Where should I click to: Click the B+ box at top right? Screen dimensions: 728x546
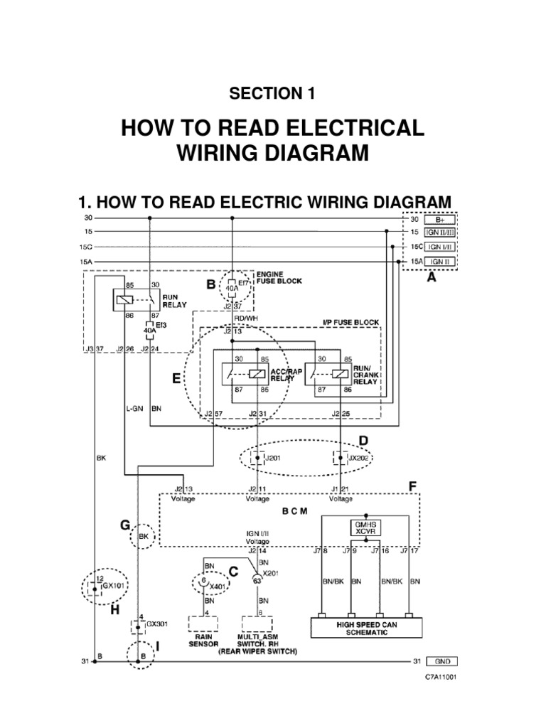(x=439, y=220)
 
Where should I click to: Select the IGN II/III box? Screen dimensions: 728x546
(x=440, y=233)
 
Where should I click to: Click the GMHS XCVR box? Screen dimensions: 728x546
(x=365, y=527)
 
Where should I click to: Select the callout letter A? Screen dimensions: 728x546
(x=431, y=279)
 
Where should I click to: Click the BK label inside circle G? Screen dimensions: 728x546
(x=144, y=537)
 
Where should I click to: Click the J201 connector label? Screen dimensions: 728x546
(x=274, y=459)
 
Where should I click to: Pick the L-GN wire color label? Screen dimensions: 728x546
(x=134, y=410)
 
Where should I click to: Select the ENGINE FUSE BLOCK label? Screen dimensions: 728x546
(x=279, y=277)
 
